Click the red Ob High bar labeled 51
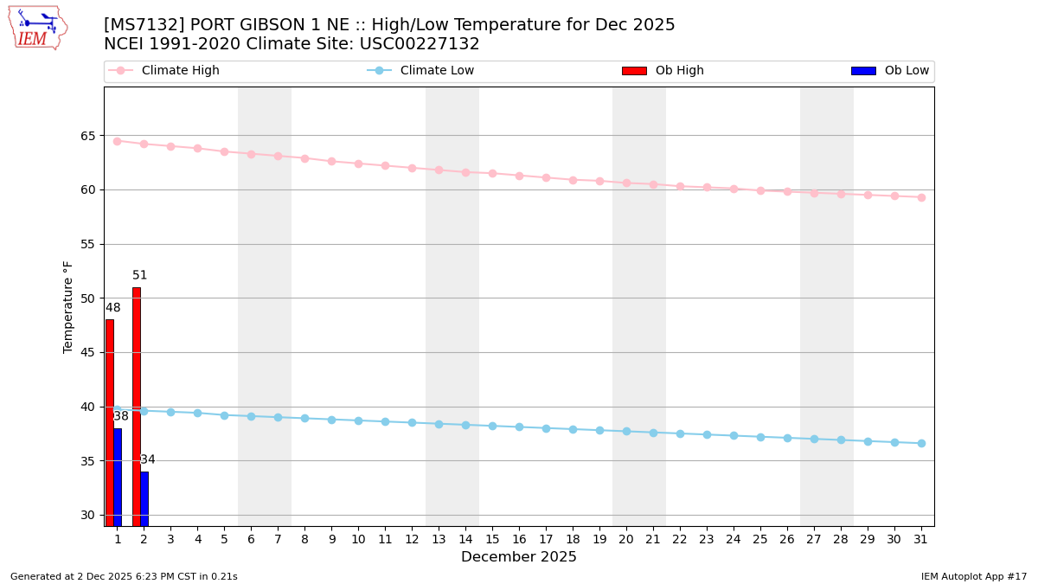136,407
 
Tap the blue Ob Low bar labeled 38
118,477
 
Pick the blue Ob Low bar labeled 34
144,498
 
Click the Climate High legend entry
180,71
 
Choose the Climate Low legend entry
437,71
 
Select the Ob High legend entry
679,71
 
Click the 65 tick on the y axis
88,136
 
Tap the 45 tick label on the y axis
88,352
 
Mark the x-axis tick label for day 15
492,539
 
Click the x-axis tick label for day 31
921,539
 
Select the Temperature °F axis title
68,306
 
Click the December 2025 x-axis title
519,557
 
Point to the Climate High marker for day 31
921,197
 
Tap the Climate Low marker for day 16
519,427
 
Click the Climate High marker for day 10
358,164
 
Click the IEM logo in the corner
38,28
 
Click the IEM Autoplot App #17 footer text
973,576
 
